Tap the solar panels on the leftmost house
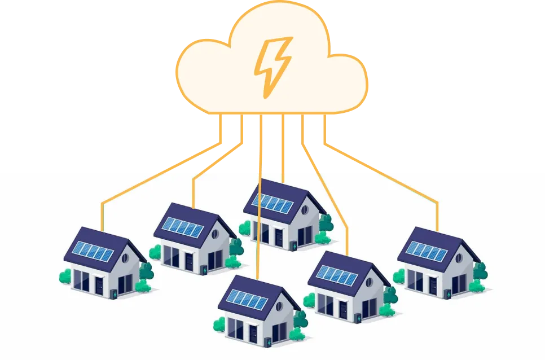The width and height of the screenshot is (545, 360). (x=94, y=251)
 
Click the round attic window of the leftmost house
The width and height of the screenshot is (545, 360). (x=125, y=258)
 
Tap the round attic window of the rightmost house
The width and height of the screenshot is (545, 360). (x=459, y=258)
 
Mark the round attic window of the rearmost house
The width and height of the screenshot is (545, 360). (x=305, y=210)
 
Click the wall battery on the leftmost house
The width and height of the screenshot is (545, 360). (x=115, y=294)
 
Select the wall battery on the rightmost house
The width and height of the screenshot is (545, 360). (x=448, y=294)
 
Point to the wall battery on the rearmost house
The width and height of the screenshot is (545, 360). (x=293, y=246)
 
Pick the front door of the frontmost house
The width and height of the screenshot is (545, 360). (x=254, y=333)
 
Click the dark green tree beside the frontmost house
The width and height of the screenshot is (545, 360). (x=300, y=319)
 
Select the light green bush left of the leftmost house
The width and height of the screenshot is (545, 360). (x=65, y=276)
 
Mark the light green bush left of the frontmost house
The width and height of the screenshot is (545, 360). (x=219, y=324)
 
